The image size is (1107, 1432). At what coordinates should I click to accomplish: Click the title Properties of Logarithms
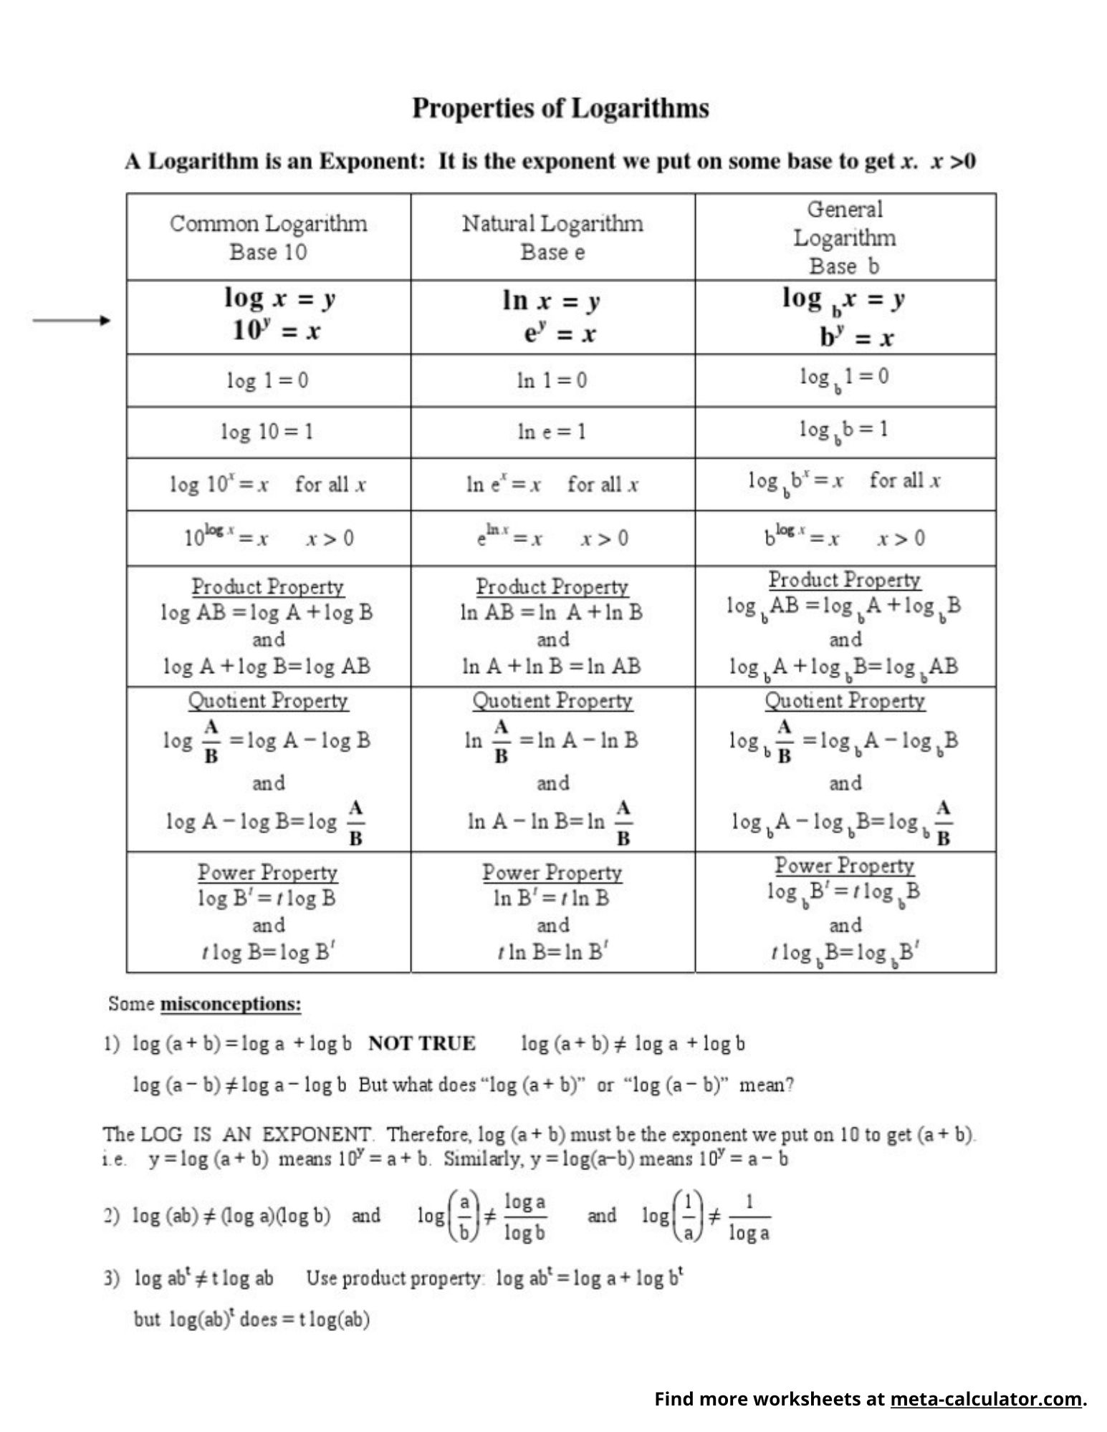pos(560,108)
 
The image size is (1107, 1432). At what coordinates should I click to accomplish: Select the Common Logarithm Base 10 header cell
pos(268,237)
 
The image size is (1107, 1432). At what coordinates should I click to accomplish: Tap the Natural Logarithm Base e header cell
pos(552,237)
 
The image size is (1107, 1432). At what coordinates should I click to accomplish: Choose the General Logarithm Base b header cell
pos(844,237)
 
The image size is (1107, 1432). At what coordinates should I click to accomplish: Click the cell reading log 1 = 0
pos(268,380)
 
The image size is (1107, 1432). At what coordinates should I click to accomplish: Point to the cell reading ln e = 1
pos(552,431)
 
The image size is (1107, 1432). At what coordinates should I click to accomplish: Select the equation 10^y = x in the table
pos(276,331)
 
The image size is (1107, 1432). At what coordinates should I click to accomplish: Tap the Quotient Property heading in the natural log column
pos(552,700)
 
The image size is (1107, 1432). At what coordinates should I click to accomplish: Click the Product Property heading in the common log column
pos(267,586)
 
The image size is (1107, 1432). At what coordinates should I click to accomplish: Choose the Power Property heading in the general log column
pos(844,866)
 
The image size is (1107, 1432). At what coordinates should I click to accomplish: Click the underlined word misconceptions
pos(230,1004)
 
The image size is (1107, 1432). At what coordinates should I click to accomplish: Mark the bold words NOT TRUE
pos(422,1043)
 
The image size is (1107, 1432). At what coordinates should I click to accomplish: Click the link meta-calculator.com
pos(985,1398)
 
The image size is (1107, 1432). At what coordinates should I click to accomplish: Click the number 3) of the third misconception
pos(112,1278)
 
